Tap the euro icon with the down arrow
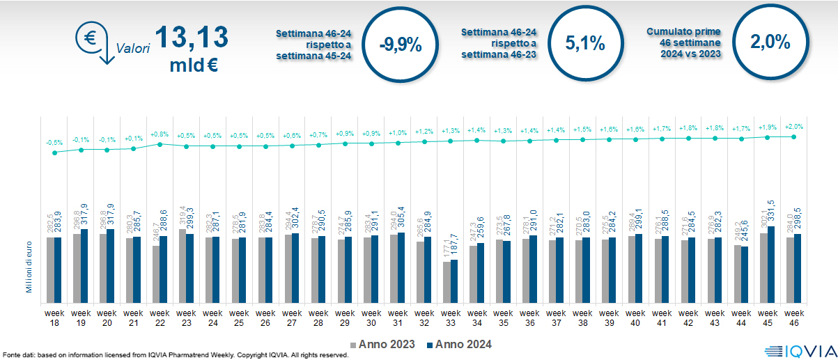coord(94,41)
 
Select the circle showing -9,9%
coord(401,44)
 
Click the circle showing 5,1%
coord(584,43)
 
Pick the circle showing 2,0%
coord(770,42)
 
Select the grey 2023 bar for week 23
coord(183,261)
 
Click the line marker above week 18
coord(54,152)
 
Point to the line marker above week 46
coord(793,136)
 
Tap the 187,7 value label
coord(454,246)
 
